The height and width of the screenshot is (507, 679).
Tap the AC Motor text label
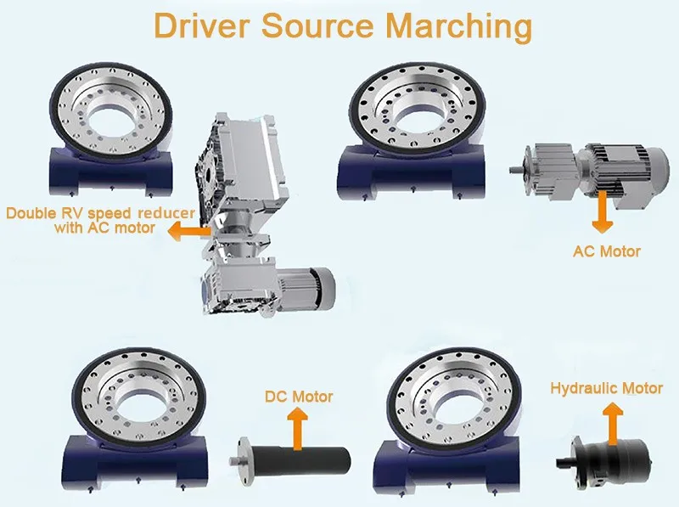point(607,251)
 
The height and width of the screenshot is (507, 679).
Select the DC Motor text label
point(299,397)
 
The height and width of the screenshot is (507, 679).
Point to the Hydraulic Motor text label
point(606,388)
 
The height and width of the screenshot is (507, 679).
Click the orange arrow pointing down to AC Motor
point(603,212)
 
